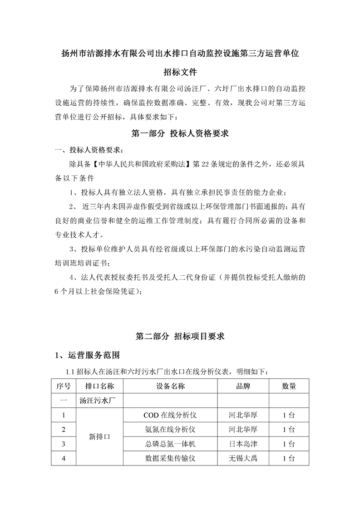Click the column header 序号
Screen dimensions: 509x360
pyautogui.click(x=63, y=386)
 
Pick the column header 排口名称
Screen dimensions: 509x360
pyautogui.click(x=99, y=386)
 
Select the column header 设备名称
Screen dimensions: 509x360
pyautogui.click(x=169, y=386)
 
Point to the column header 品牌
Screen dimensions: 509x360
pyautogui.click(x=243, y=386)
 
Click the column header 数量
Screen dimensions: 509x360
pyautogui.click(x=289, y=386)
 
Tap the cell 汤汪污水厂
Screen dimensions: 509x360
pyautogui.click(x=99, y=401)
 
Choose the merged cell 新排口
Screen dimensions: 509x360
pyautogui.click(x=99, y=436)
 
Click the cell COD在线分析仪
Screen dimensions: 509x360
pyautogui.click(x=169, y=415)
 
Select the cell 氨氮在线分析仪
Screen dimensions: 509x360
pyautogui.click(x=169, y=429)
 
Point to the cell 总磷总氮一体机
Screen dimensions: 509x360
pyautogui.click(x=169, y=444)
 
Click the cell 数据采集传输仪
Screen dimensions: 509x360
pyautogui.click(x=169, y=458)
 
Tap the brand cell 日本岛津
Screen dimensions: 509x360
pyautogui.click(x=243, y=444)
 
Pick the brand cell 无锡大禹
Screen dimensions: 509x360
pyautogui.click(x=243, y=458)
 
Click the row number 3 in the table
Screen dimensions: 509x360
pyautogui.click(x=63, y=444)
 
